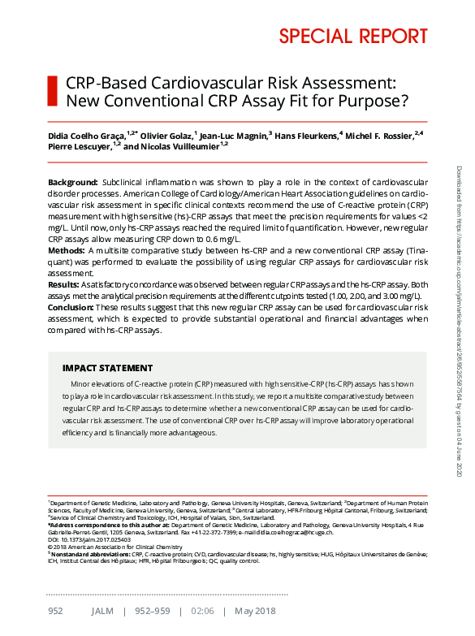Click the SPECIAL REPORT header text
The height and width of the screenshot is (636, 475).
(353, 37)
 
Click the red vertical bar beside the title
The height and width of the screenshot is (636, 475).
(53, 91)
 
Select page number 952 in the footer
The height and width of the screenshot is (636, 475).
(55, 611)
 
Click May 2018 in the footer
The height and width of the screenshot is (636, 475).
(255, 611)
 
